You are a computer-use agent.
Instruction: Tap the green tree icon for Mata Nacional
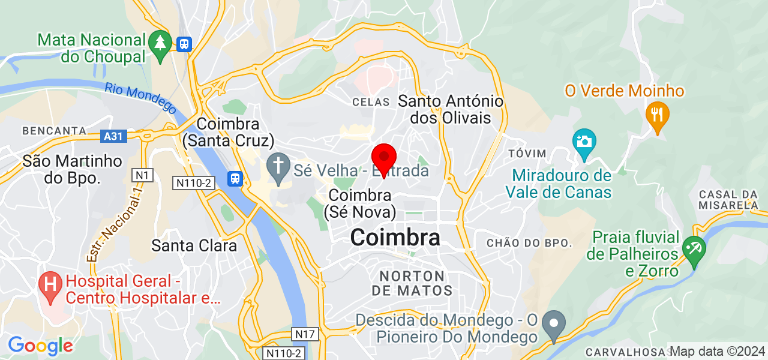pos(160,46)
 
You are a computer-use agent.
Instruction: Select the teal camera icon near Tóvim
pos(584,143)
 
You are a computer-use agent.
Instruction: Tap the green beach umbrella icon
pos(695,250)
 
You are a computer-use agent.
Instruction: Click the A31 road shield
pos(113,136)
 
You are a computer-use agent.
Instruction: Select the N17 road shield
pos(304,333)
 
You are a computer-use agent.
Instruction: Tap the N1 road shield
pos(143,175)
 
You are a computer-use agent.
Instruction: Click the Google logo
pos(40,346)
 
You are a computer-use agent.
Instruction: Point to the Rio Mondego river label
pos(140,97)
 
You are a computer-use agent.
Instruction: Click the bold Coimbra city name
pos(395,238)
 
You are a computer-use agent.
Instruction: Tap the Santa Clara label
pos(194,245)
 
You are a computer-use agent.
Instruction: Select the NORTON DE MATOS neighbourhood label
pos(412,283)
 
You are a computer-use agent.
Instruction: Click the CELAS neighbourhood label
pos(371,102)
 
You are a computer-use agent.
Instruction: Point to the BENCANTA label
pos(55,130)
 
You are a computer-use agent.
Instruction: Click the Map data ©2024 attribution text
pos(718,351)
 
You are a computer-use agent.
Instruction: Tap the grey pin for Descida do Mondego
pos(553,324)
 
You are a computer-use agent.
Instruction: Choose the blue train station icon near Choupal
pos(184,44)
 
